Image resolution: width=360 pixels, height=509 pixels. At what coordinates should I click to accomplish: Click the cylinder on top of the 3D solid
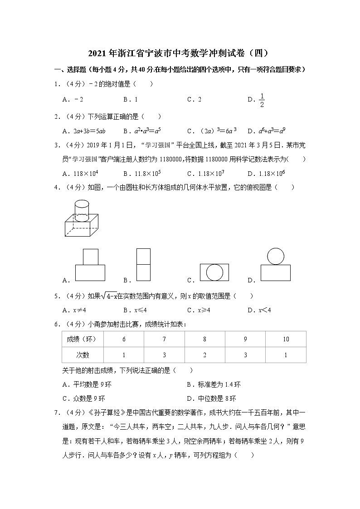click(x=81, y=210)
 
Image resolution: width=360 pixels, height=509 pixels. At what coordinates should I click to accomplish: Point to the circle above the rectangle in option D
click(x=276, y=256)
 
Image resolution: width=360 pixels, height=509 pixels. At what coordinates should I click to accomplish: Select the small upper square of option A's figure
click(x=90, y=257)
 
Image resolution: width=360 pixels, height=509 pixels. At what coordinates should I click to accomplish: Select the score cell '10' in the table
click(x=286, y=339)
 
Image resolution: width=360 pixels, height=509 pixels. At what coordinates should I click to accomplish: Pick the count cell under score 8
click(x=204, y=355)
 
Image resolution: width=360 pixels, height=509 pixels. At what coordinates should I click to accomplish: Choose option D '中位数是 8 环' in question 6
click(x=212, y=398)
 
